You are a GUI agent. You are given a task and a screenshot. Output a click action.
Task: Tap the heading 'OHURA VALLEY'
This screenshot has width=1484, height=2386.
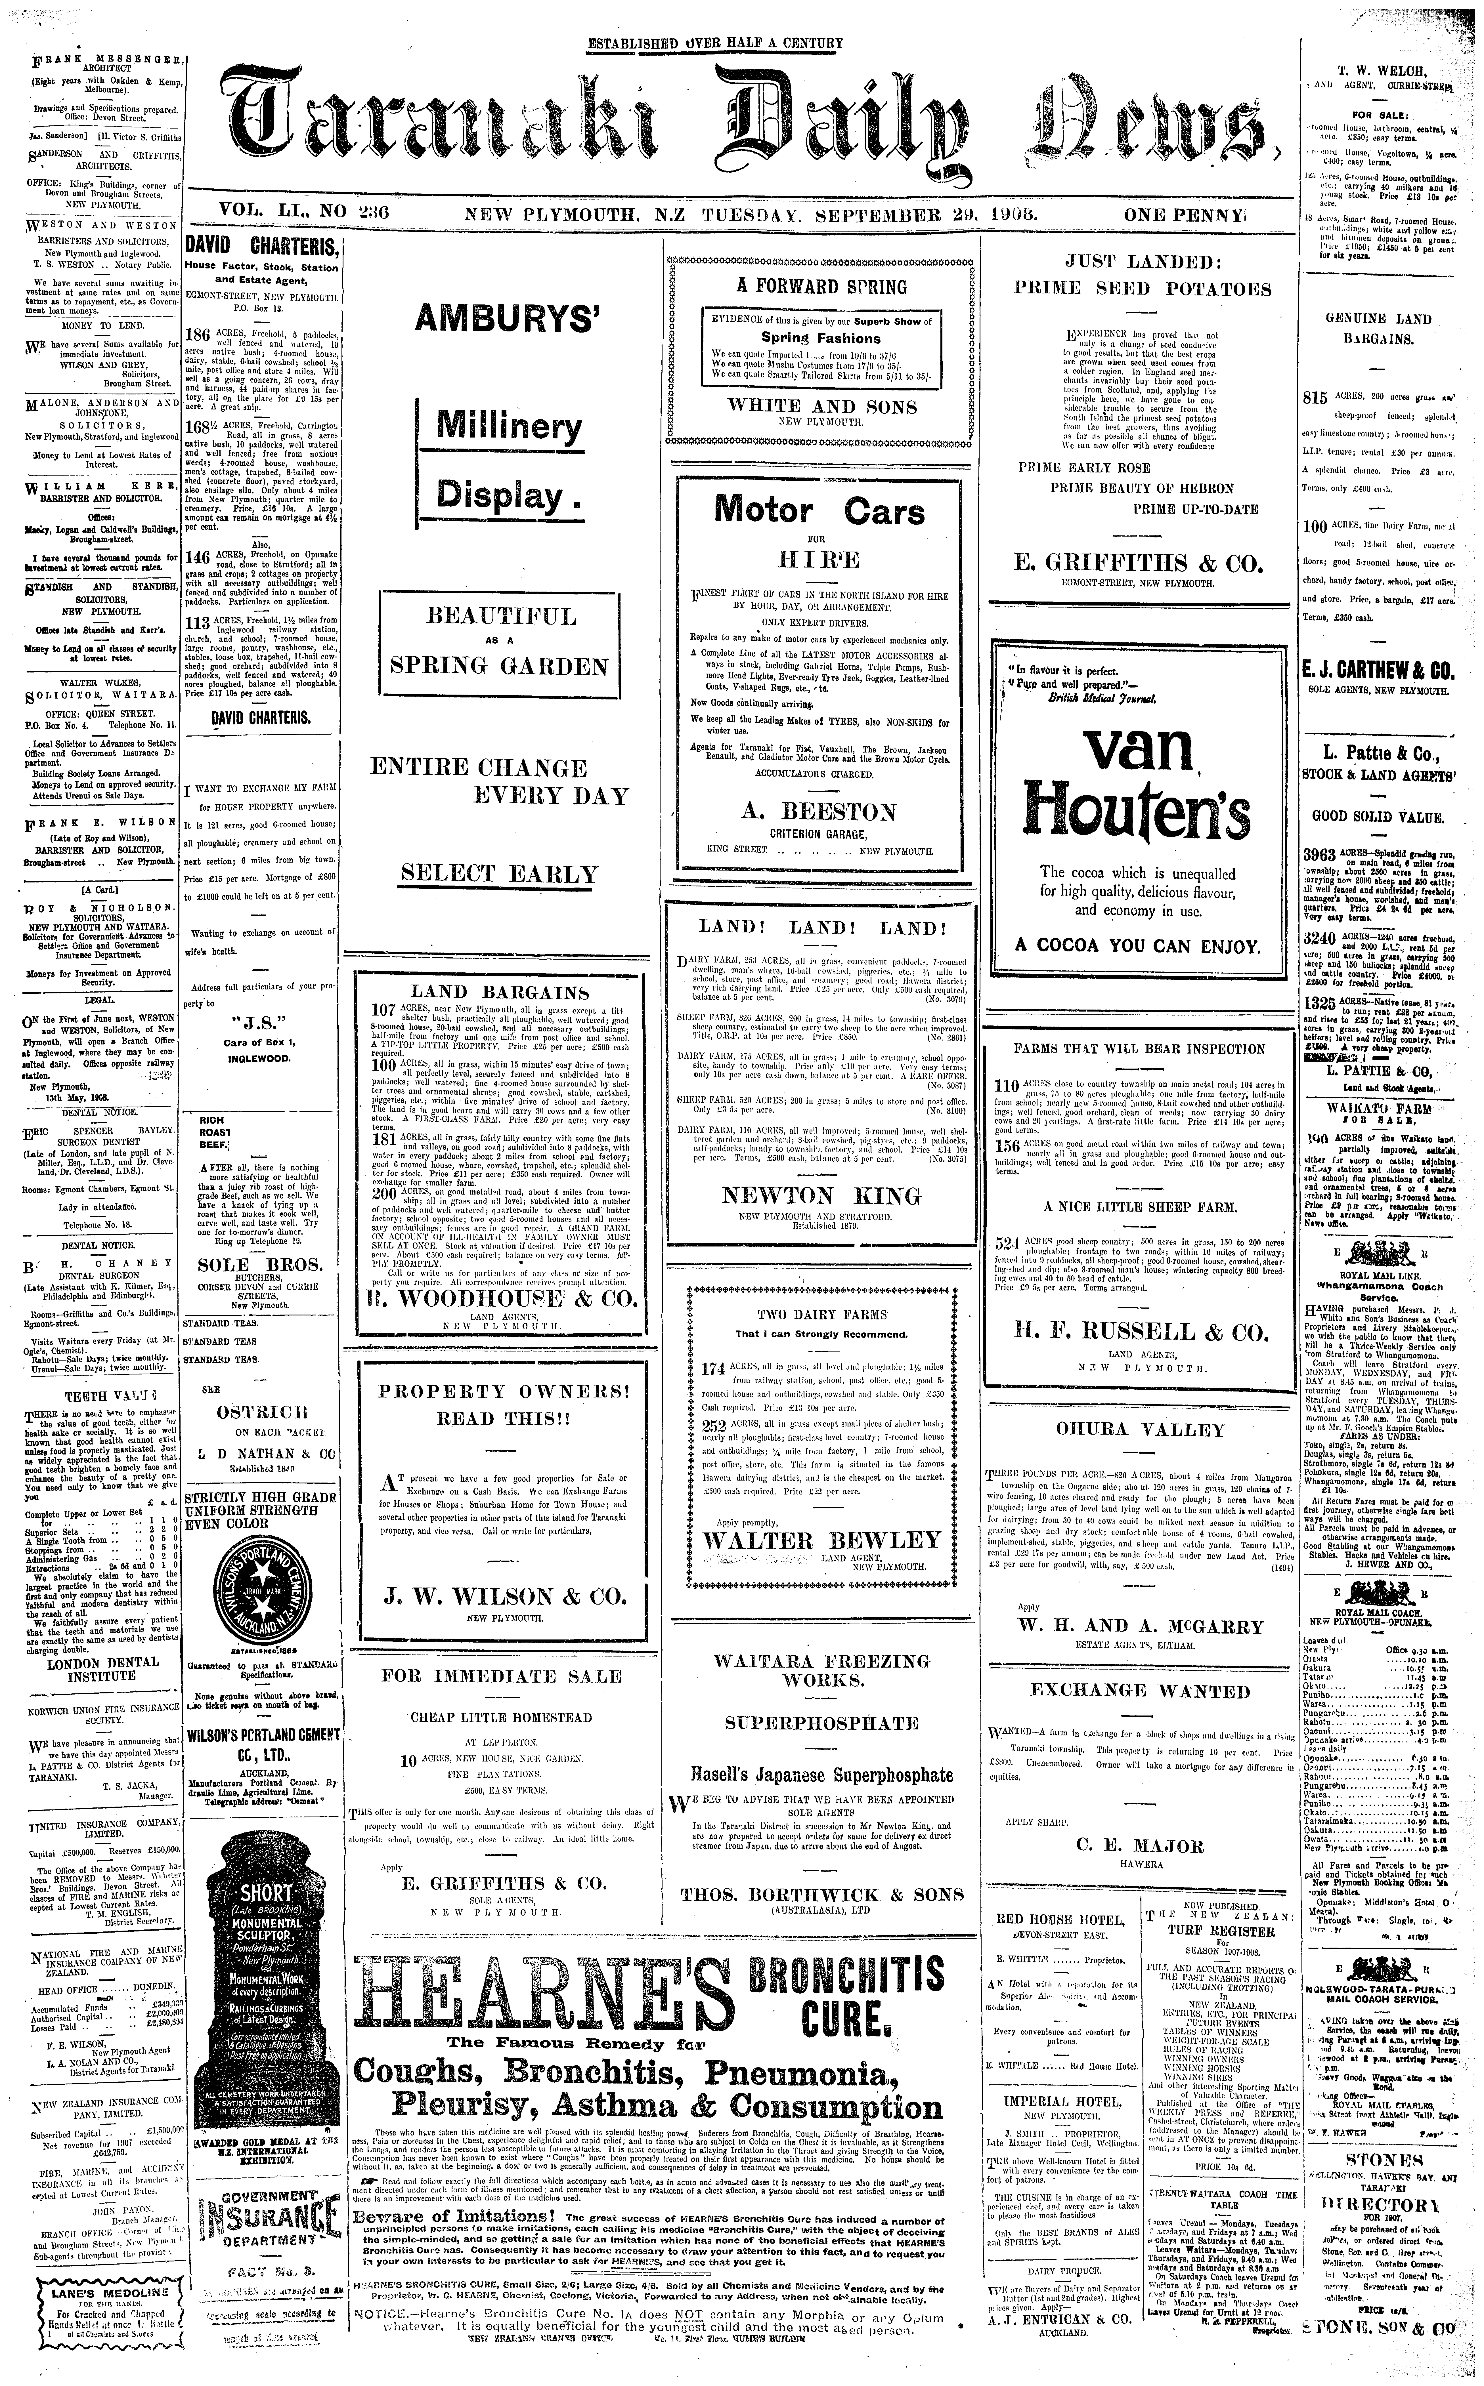(x=1141, y=1430)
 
